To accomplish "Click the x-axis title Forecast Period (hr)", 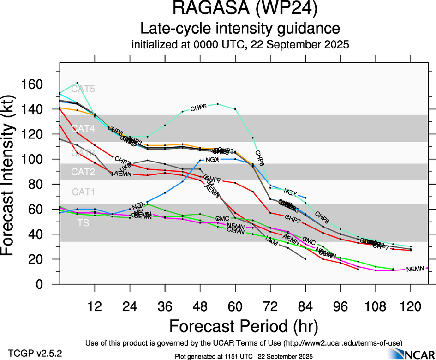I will (x=244, y=326).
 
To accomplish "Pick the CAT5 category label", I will (x=83, y=89).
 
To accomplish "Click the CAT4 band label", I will (x=83, y=129).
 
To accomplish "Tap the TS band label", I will (x=83, y=223).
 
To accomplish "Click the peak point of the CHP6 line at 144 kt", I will (x=217, y=104).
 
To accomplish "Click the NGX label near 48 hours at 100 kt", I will (x=212, y=160).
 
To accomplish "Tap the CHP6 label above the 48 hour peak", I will (x=198, y=108).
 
